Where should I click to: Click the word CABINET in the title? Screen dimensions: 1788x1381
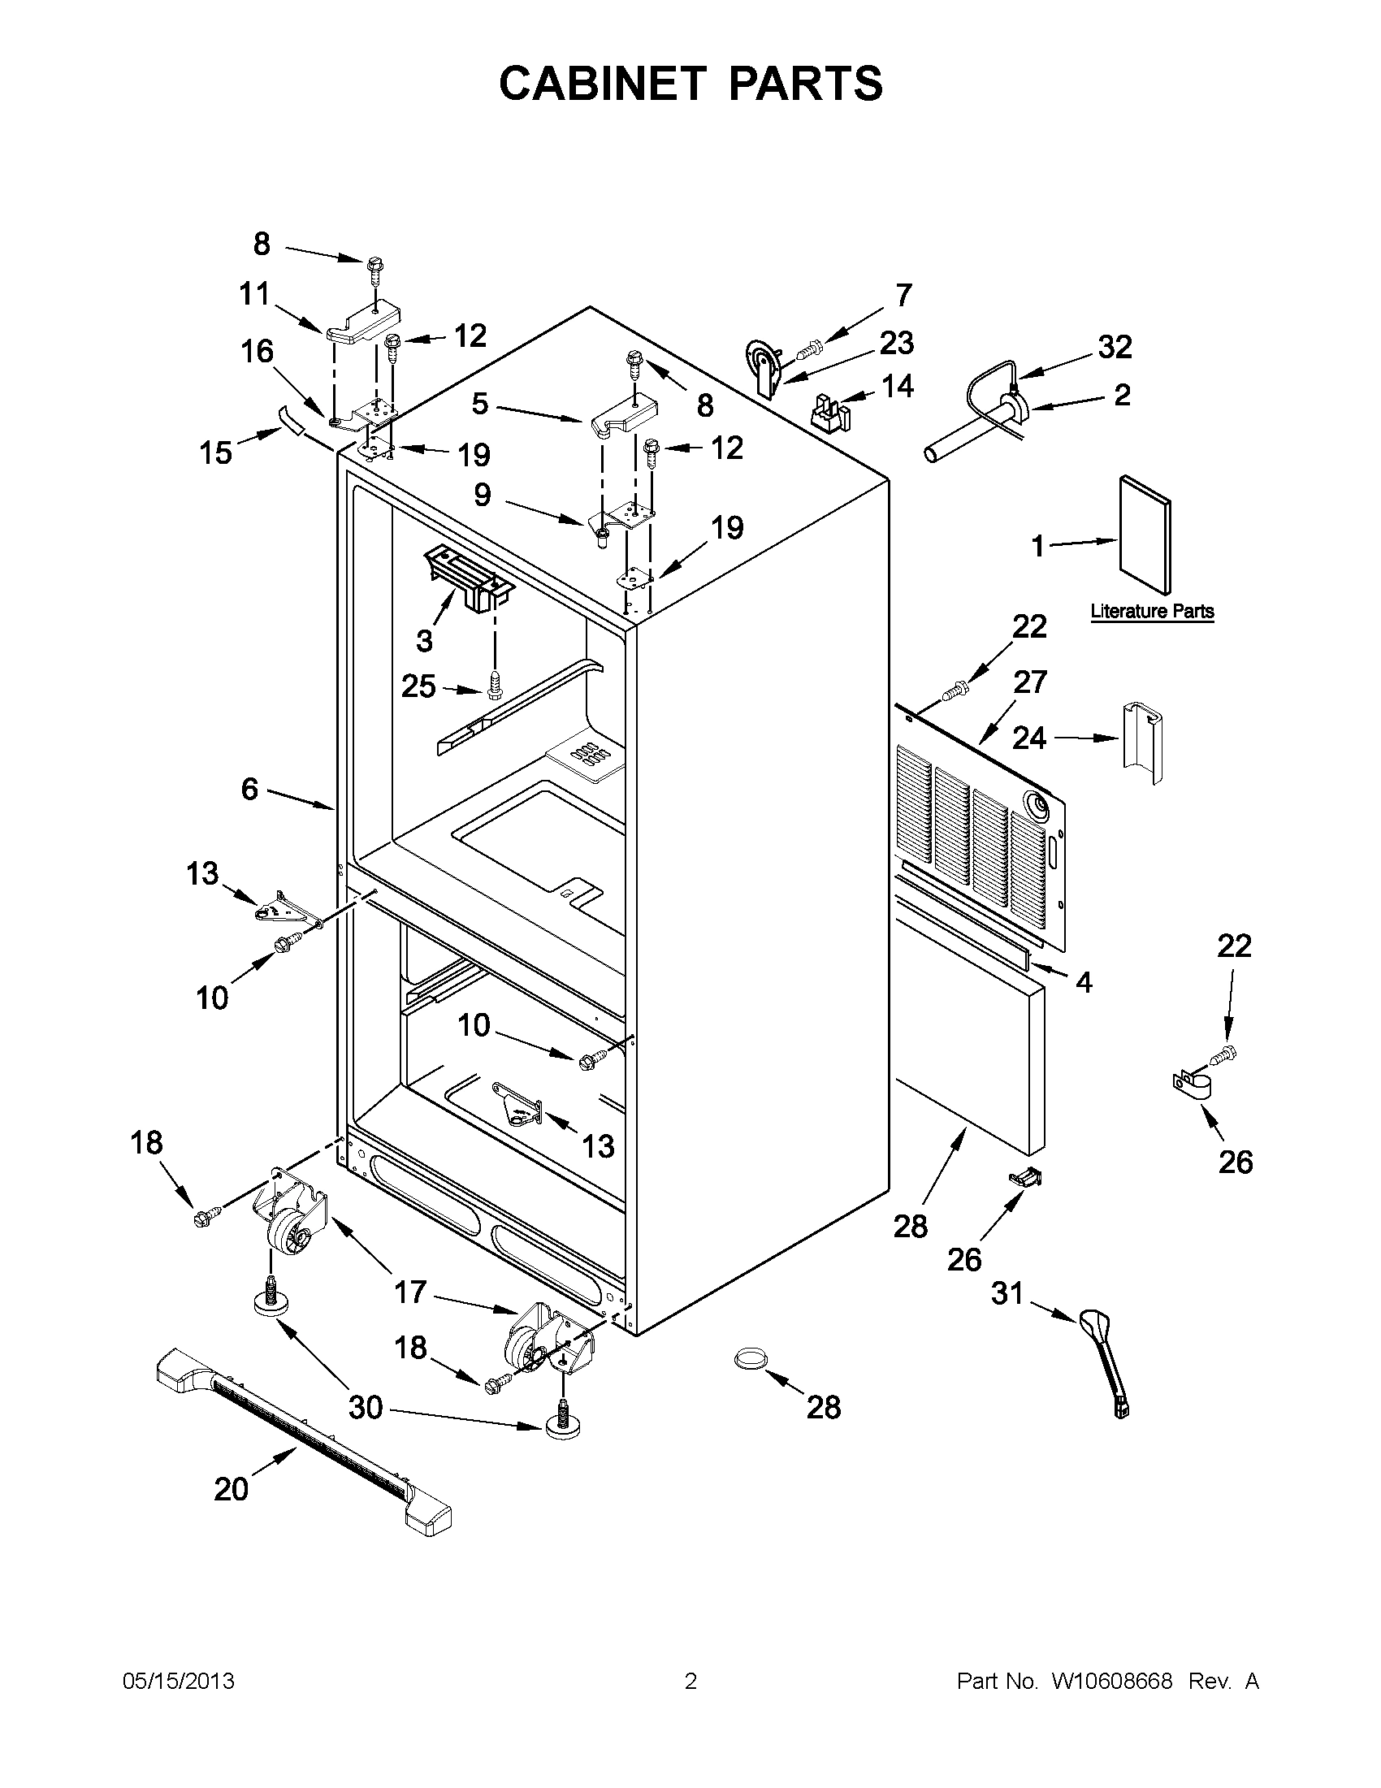(602, 84)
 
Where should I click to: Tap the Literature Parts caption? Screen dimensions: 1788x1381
(1152, 611)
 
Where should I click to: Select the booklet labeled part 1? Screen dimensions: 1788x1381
(1145, 535)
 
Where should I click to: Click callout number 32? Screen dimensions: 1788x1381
(1114, 347)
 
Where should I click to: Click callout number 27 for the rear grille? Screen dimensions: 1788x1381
(1030, 681)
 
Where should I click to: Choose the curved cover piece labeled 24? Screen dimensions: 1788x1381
(1141, 742)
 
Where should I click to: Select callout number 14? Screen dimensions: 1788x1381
(897, 386)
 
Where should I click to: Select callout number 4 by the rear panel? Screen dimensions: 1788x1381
(1083, 981)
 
